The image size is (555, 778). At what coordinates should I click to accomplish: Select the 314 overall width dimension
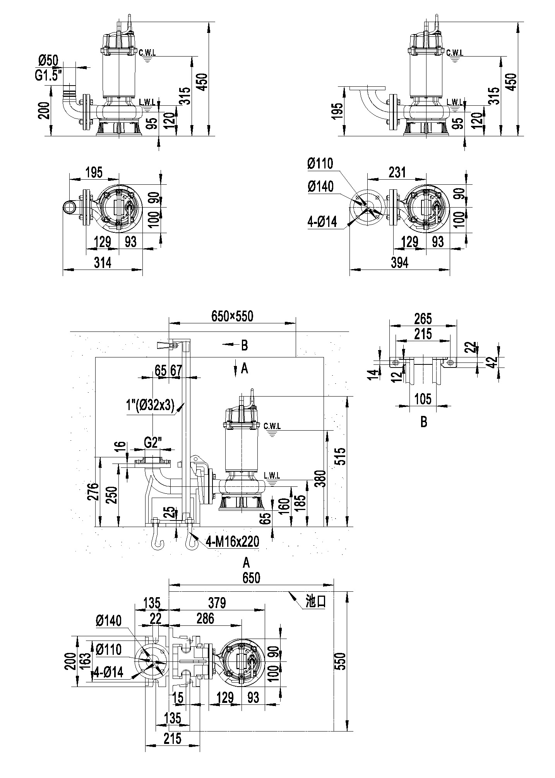103,263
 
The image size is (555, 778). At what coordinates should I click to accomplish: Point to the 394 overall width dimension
400,263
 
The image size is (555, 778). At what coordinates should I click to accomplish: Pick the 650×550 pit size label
232,316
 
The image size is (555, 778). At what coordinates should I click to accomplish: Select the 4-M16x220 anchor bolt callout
232,541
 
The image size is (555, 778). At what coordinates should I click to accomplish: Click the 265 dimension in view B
423,319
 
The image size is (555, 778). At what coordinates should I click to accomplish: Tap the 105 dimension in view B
423,398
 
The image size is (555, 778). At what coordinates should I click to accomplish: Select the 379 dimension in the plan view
216,603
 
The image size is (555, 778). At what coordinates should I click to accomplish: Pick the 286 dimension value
205,618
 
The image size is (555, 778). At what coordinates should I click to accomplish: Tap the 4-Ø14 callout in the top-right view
323,222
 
